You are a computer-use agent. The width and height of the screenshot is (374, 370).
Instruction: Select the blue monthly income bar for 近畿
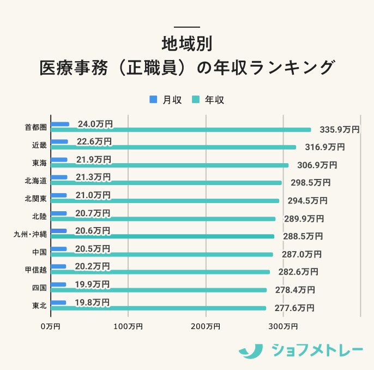point(59,142)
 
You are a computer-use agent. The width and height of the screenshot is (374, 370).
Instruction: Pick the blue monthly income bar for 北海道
point(59,177)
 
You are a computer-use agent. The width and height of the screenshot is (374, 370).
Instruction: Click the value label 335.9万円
point(339,130)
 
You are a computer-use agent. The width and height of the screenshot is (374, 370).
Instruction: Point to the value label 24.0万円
point(95,124)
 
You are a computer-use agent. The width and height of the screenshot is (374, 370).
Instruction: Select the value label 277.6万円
point(294,308)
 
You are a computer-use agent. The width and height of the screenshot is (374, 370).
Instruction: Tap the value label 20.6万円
point(93,231)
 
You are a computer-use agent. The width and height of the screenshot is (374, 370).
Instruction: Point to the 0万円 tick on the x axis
point(51,326)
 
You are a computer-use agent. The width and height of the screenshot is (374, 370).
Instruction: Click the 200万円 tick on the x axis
point(206,326)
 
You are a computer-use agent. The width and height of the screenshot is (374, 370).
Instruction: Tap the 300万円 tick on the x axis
point(283,326)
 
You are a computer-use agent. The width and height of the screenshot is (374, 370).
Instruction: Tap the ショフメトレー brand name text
point(317,350)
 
